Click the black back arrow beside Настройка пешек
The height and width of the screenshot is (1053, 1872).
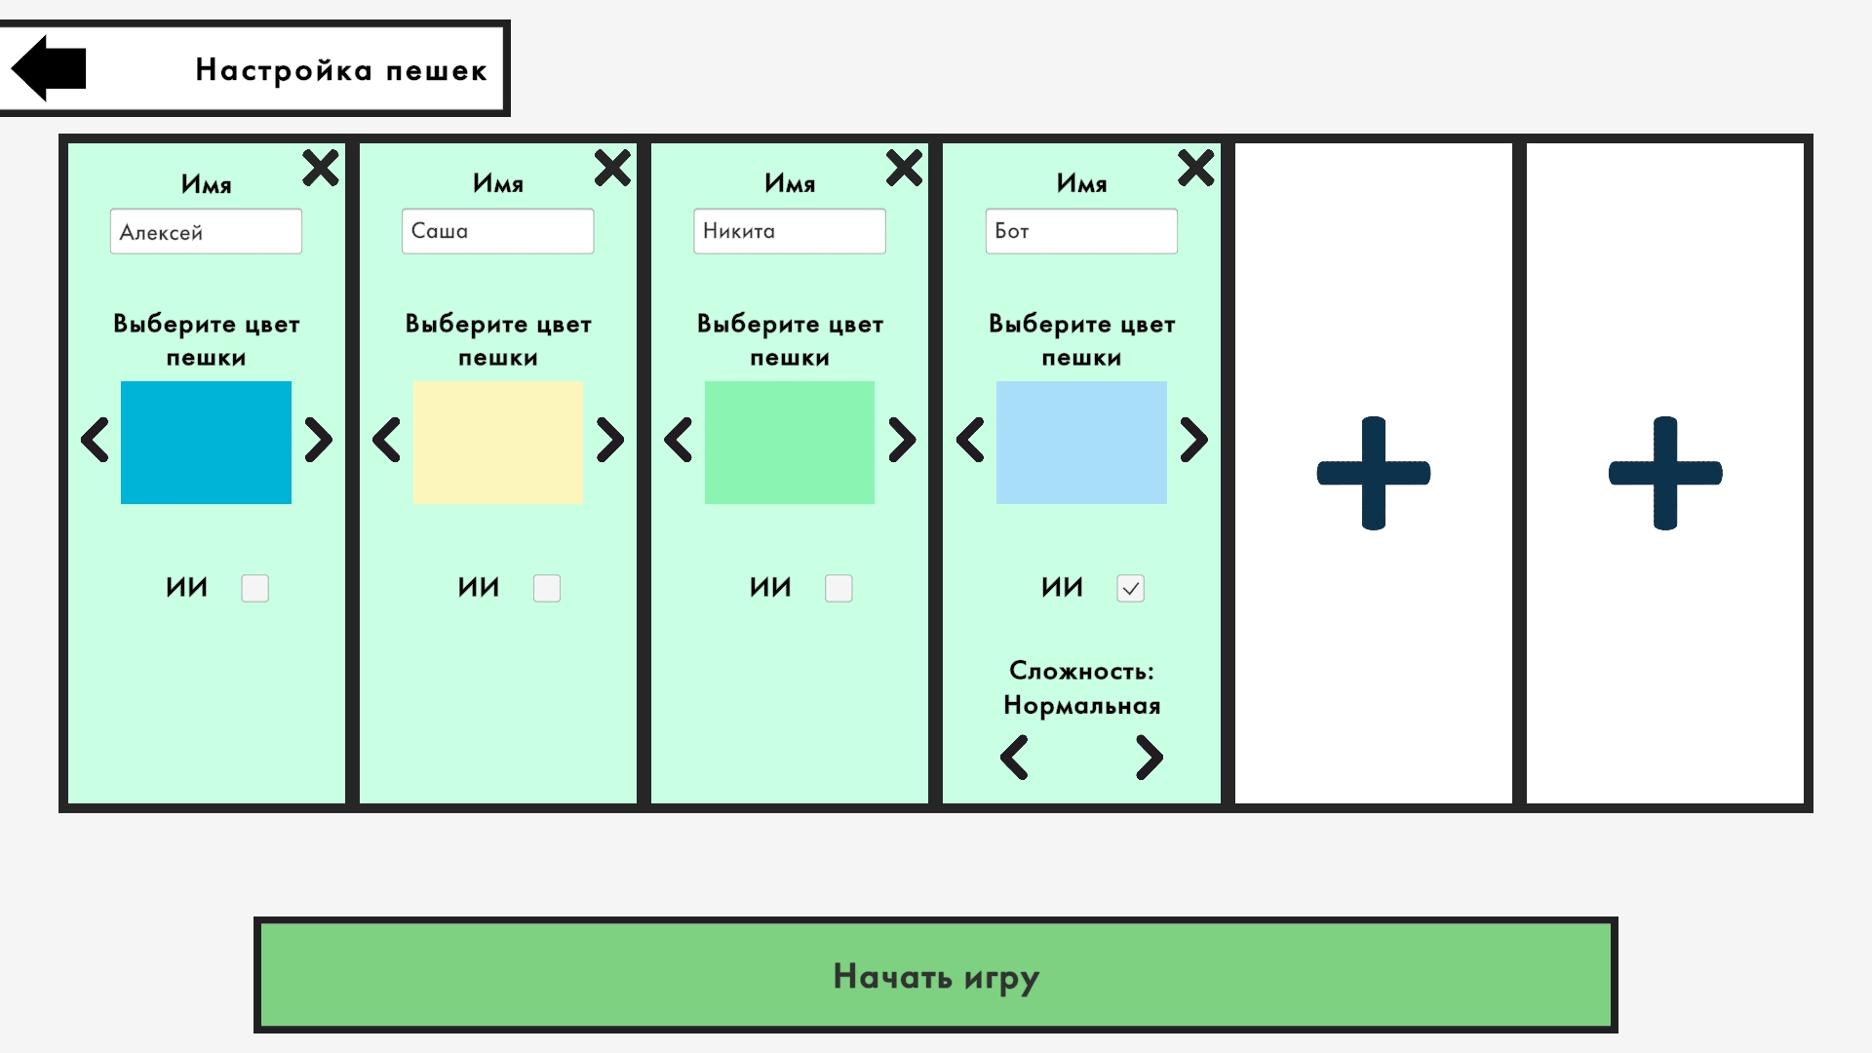tap(50, 68)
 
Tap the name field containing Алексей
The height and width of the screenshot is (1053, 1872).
tap(206, 232)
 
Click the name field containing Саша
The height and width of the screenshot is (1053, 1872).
tap(497, 231)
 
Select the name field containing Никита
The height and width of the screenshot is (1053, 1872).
tap(789, 231)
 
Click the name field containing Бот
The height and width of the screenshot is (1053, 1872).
tap(1080, 231)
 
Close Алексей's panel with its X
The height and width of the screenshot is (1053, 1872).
tap(320, 168)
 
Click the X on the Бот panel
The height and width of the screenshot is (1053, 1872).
tap(1195, 168)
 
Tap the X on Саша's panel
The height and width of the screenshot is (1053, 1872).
tap(612, 168)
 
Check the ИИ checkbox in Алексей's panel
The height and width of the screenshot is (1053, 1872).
tap(254, 588)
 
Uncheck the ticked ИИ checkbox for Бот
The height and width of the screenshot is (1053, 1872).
tap(1130, 588)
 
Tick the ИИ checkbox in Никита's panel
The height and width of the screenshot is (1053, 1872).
tap(838, 588)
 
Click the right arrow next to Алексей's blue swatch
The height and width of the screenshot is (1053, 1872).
tap(318, 440)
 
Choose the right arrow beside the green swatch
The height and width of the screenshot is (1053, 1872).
tap(902, 440)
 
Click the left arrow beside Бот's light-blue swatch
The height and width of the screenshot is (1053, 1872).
tap(970, 440)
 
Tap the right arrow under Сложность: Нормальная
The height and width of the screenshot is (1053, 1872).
tap(1150, 758)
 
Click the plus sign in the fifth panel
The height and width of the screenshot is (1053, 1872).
tap(1373, 474)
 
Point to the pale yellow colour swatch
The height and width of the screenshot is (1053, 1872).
tap(497, 443)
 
